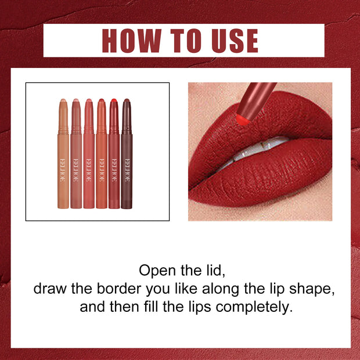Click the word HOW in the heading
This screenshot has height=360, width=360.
point(131,41)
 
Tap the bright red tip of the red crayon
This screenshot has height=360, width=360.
point(114,103)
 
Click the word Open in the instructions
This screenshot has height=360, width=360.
point(157,271)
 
